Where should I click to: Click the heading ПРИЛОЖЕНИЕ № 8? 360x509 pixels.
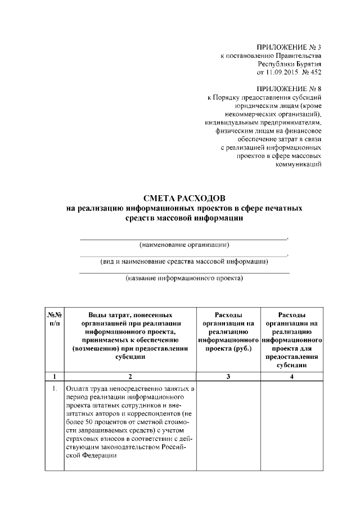click(289, 89)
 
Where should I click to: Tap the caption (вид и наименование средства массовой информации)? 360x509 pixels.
click(184, 261)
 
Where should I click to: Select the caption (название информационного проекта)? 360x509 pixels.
click(184, 278)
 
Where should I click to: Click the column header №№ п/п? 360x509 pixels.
click(55, 319)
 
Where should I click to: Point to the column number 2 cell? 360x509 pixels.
click(130, 377)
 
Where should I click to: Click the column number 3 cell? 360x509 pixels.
click(228, 377)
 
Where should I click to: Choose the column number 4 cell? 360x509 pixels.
click(292, 377)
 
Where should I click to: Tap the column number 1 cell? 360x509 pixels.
click(55, 377)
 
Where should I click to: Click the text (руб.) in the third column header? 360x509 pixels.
click(241, 349)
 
